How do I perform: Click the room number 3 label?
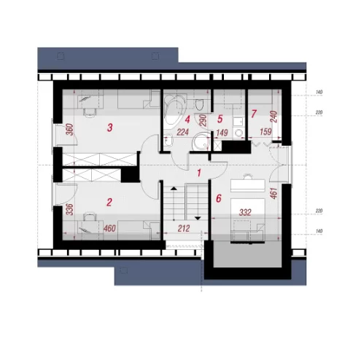[x=110, y=128]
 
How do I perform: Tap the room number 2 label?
[x=109, y=202]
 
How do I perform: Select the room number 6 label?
[x=219, y=198]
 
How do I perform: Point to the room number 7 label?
[x=254, y=114]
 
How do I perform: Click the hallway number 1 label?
[x=199, y=173]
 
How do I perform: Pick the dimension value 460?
[x=109, y=228]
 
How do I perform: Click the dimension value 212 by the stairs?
[x=184, y=228]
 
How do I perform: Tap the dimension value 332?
[x=245, y=213]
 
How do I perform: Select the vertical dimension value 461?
[x=274, y=193]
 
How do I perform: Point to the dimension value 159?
[x=265, y=132]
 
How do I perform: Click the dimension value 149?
[x=222, y=133]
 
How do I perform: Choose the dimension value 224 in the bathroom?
[x=182, y=132]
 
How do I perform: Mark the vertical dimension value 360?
[x=70, y=130]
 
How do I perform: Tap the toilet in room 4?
[x=199, y=104]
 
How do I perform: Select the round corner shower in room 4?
[x=201, y=142]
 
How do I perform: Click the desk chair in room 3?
[x=90, y=112]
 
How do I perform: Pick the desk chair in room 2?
[x=90, y=216]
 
